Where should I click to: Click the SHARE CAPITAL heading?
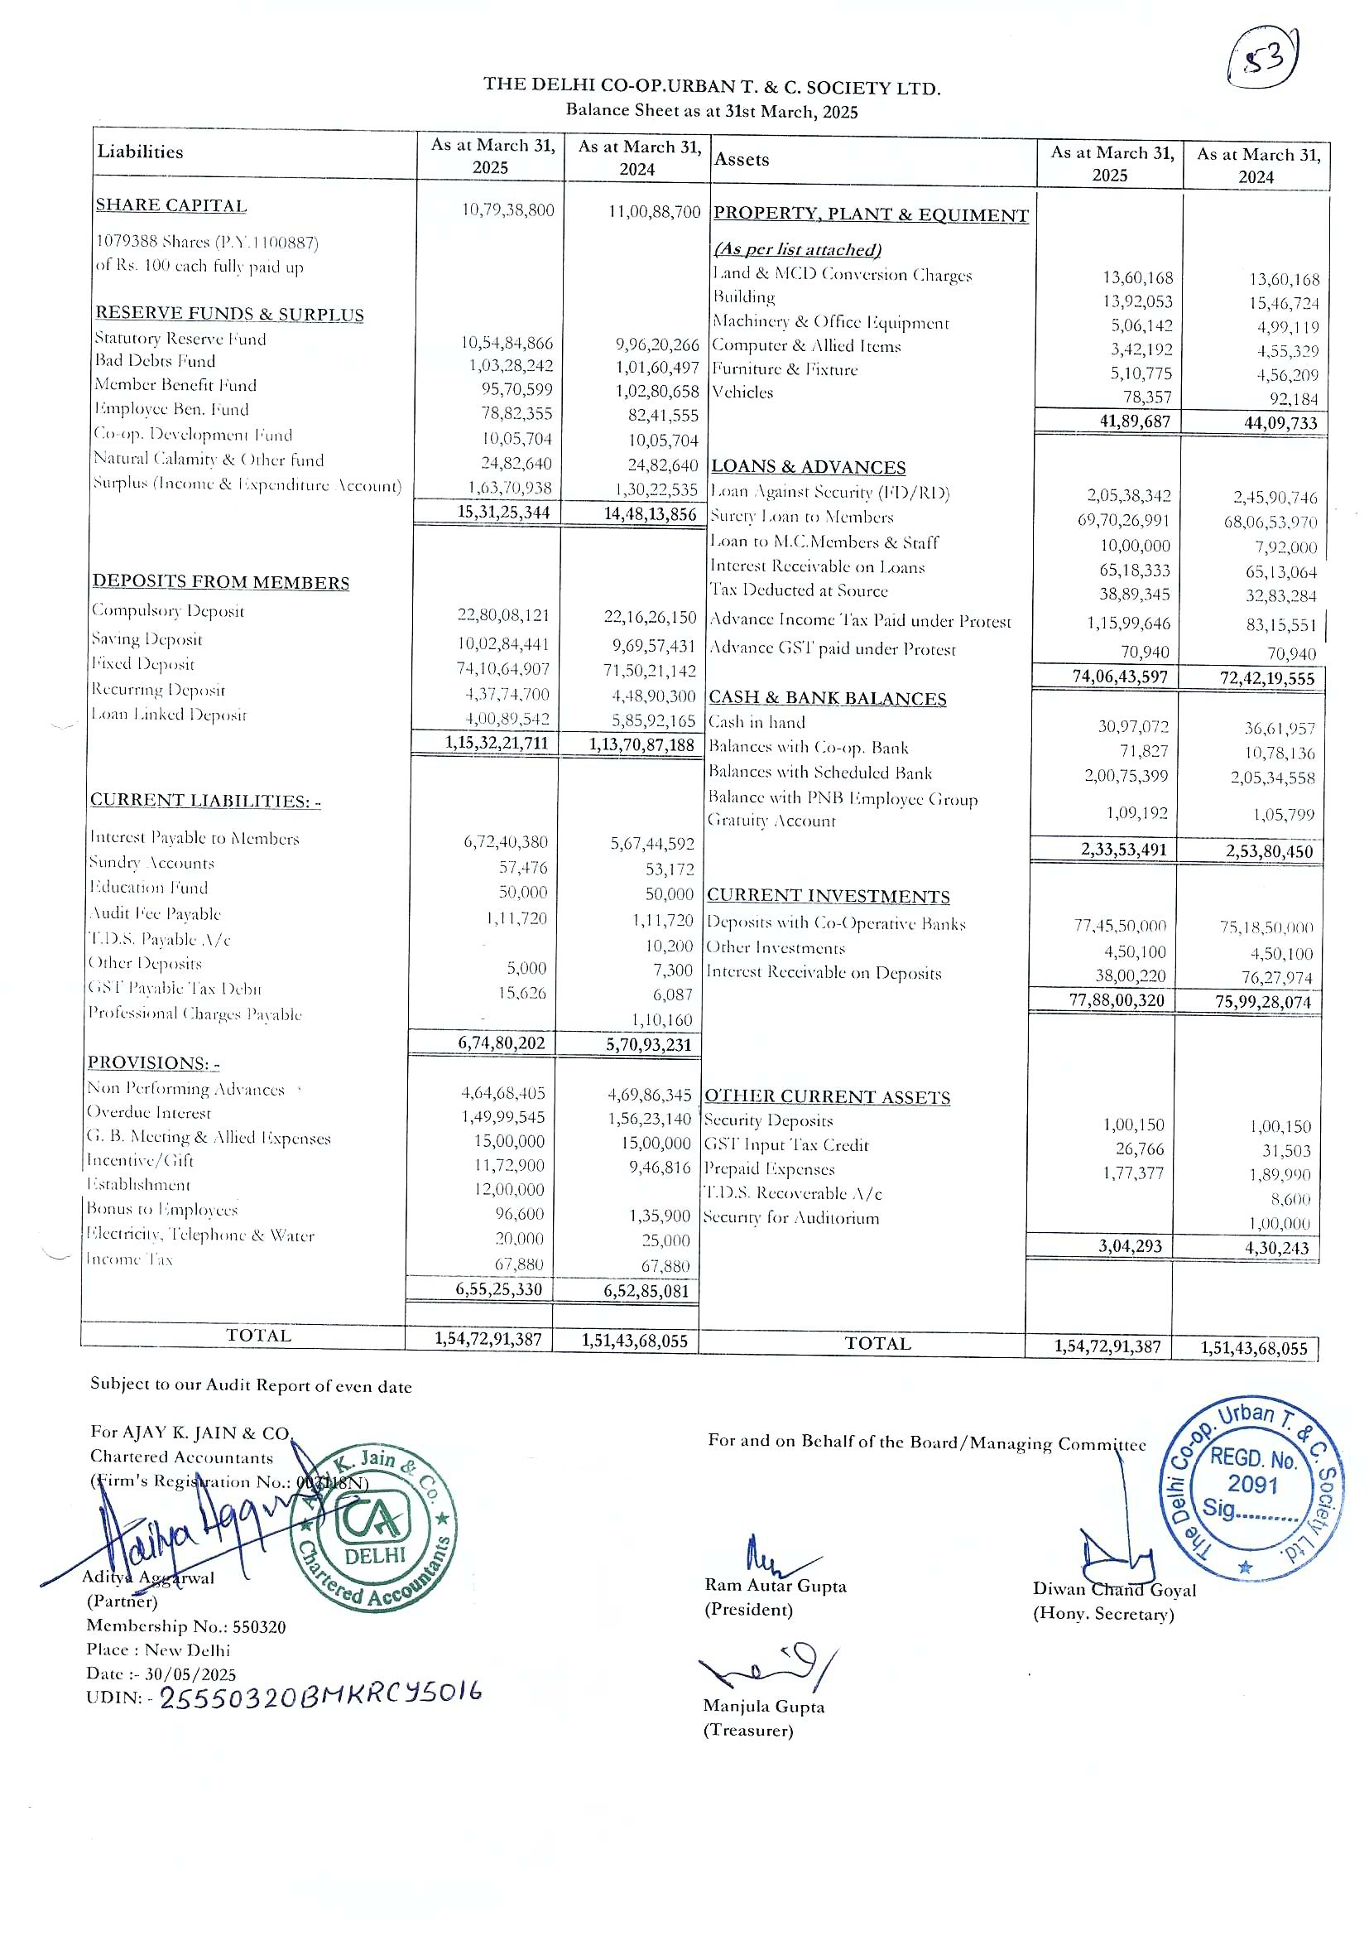(171, 205)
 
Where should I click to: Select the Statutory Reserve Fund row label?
(180, 339)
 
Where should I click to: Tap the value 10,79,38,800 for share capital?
(507, 210)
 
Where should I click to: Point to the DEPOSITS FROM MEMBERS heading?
(221, 583)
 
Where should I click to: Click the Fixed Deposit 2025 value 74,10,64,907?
(503, 670)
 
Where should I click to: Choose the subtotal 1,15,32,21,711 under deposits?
(497, 743)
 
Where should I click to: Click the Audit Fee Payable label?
(155, 914)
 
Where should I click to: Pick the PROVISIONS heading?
(152, 1062)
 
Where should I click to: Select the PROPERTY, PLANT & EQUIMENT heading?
(870, 215)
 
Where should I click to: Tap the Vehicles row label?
(742, 392)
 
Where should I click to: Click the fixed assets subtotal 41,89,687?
(1135, 421)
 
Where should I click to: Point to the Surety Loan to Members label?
(802, 517)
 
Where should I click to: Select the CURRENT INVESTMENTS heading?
(828, 896)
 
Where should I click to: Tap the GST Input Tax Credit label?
(785, 1145)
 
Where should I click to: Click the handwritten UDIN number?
(320, 1696)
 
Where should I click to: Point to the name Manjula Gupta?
(764, 1707)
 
